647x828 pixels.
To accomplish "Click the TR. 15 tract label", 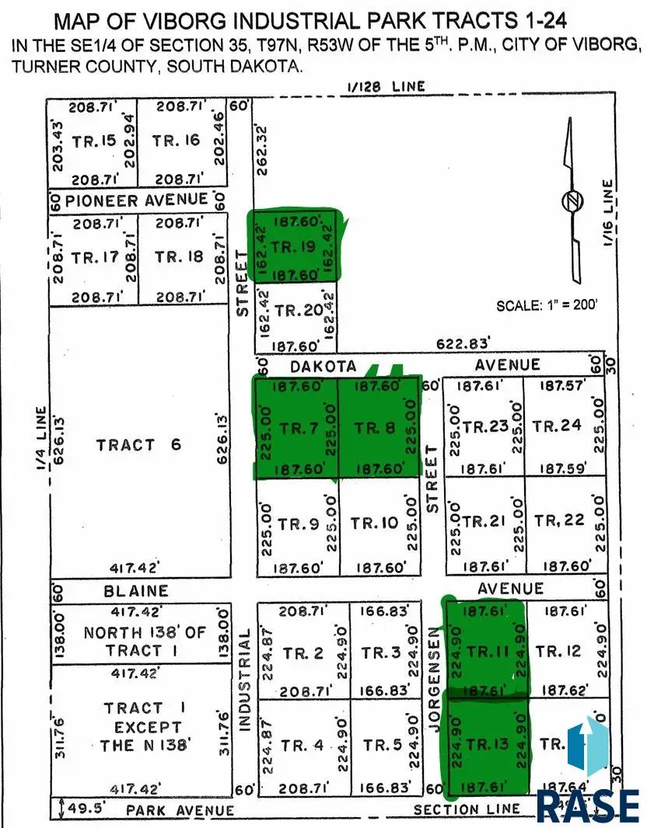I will point(93,141).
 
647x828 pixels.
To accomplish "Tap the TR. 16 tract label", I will point(176,141).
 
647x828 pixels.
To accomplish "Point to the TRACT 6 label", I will point(138,444).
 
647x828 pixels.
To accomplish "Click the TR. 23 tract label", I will point(485,426).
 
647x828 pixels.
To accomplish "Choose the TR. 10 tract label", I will point(374,523).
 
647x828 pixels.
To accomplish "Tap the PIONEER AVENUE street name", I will point(137,200).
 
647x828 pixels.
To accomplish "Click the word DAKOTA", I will point(323,366).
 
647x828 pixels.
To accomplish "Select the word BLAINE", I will point(137,591).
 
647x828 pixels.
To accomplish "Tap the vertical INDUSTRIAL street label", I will point(243,681).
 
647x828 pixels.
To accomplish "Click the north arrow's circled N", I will point(572,200).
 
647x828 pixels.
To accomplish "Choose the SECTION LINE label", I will point(466,809).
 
